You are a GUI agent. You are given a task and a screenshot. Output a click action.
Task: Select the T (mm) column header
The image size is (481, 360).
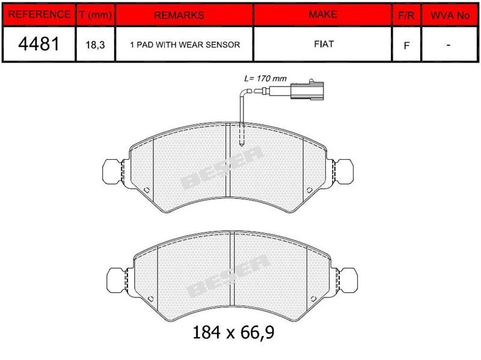95,15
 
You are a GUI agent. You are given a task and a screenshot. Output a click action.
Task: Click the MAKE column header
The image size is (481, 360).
322,14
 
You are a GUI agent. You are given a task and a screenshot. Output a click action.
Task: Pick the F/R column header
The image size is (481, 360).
406,15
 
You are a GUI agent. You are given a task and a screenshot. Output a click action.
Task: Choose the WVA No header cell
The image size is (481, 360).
449,15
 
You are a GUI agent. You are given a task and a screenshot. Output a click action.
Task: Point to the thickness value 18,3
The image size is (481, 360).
95,45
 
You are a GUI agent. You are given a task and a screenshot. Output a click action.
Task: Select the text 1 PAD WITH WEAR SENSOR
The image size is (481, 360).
185,45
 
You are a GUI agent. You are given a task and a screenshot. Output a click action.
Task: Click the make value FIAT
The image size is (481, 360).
322,44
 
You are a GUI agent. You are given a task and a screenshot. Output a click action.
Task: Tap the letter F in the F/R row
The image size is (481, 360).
406,45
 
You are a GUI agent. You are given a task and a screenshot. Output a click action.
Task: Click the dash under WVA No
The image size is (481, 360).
449,45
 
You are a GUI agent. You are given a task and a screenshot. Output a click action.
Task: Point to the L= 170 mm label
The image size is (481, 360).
265,79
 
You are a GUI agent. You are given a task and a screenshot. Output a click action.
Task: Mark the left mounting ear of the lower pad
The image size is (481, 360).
118,279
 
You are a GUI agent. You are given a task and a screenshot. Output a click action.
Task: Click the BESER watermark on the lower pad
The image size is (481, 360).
228,276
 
